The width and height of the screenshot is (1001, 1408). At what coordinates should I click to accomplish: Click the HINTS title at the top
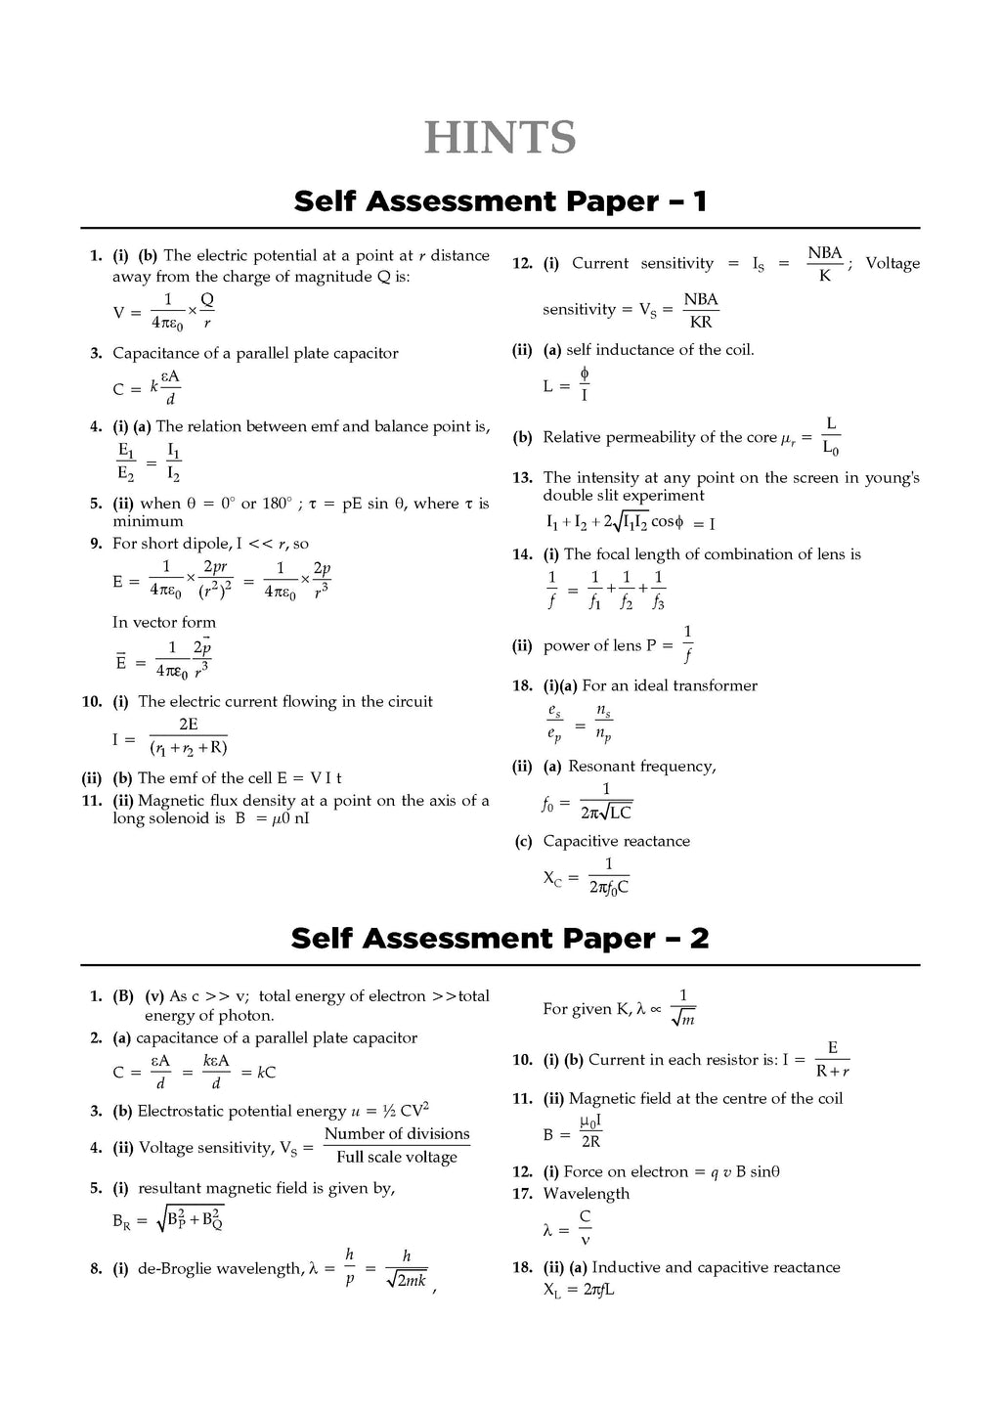pos(500,137)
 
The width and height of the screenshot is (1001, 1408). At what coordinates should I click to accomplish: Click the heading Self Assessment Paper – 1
pos(500,201)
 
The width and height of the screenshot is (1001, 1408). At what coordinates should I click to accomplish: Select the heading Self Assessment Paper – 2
pos(500,939)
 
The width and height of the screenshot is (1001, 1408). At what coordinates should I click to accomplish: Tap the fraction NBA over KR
pos(700,310)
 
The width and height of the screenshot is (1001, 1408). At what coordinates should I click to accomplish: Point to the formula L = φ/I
pos(566,385)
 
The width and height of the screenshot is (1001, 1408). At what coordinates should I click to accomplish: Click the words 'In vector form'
pos(164,622)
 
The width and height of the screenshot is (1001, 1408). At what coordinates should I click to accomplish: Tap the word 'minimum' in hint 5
pos(148,522)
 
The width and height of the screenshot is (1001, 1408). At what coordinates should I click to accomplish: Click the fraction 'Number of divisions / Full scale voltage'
pos(397,1145)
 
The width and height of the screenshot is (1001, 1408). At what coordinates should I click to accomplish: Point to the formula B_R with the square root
pos(169,1218)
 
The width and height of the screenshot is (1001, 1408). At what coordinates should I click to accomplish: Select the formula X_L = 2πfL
pos(579,1289)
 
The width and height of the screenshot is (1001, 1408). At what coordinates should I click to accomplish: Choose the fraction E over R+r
pos(832,1059)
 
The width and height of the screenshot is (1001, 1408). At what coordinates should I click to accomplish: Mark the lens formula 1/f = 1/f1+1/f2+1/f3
pos(607,590)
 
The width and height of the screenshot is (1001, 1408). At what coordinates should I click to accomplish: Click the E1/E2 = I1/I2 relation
pos(150,462)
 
